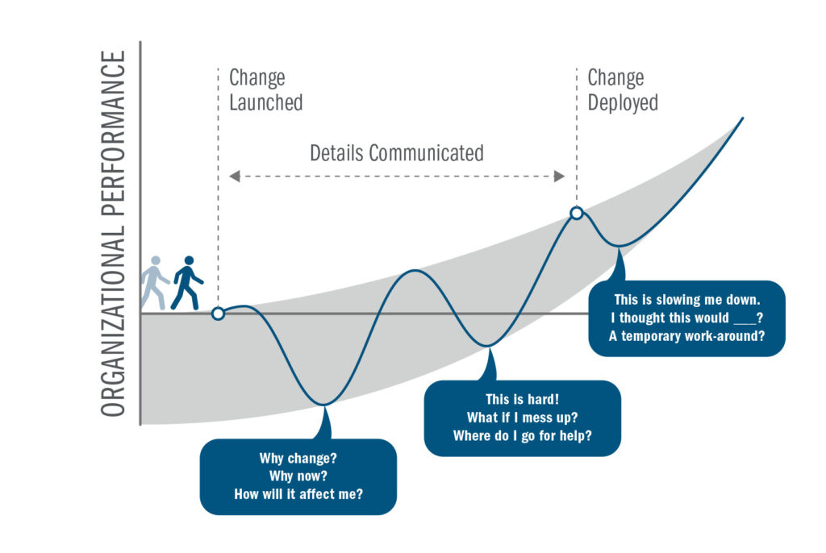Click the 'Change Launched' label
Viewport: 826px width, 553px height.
pos(265,90)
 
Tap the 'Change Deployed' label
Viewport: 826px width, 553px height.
pos(622,90)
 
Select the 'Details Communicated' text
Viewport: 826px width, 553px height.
pos(397,152)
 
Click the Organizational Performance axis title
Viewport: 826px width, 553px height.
pos(114,234)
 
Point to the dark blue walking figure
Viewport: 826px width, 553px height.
pos(186,283)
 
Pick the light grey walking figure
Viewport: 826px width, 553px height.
pos(154,283)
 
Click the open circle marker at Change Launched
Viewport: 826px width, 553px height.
pos(218,314)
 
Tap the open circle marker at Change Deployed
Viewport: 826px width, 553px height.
pos(577,213)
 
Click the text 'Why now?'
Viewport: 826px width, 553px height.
pos(298,476)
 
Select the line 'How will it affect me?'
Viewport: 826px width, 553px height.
pos(298,493)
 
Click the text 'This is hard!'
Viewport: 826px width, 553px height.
pos(522,399)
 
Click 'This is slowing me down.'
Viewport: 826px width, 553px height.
pos(686,299)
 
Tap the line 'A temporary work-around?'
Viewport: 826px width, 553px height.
pos(686,336)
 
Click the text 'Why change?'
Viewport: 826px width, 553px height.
pos(298,458)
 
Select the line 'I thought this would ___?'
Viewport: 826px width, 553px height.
pos(686,318)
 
